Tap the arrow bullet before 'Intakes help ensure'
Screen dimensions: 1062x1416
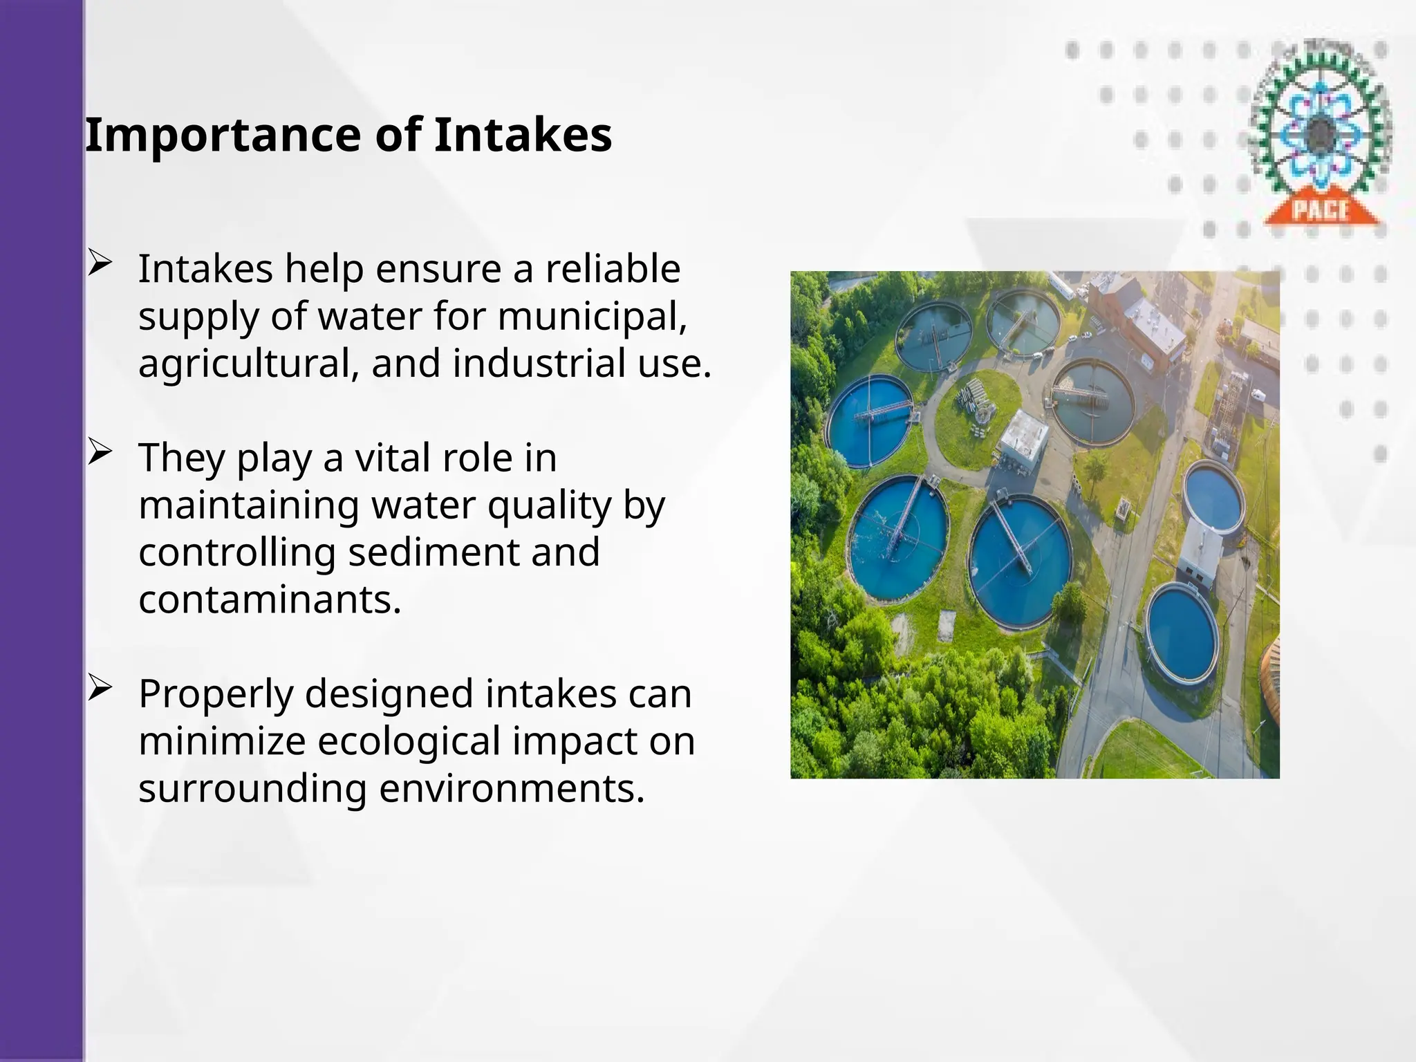[100, 263]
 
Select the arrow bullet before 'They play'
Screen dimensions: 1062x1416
[100, 453]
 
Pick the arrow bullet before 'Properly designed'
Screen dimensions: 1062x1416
[100, 689]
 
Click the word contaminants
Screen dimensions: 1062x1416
[270, 599]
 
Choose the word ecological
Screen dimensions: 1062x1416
[409, 741]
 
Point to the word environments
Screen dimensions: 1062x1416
[512, 788]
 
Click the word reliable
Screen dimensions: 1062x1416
[613, 269]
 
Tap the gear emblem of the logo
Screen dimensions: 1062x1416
[1321, 124]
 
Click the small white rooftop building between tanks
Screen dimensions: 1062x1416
[1025, 436]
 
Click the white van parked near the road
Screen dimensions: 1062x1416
[1258, 396]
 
